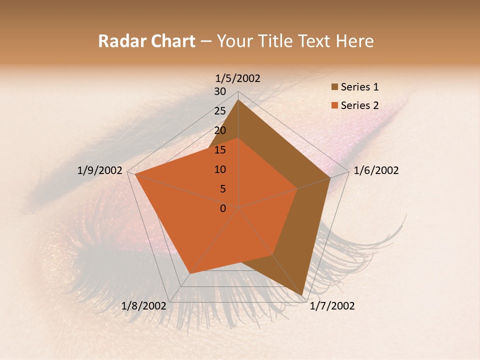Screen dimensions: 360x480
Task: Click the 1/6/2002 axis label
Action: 376,170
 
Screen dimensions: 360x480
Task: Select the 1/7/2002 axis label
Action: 332,306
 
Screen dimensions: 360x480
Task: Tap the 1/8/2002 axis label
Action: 144,306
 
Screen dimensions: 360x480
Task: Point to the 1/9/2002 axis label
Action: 100,170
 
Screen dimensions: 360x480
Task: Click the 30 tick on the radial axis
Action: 220,91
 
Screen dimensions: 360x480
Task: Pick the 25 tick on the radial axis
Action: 220,111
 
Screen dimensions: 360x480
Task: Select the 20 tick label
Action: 220,130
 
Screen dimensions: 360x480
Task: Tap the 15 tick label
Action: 220,150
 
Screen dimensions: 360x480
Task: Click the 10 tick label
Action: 220,169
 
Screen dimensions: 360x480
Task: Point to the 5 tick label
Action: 223,189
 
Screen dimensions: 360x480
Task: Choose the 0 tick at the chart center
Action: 223,208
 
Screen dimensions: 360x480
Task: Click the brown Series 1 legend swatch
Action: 334,87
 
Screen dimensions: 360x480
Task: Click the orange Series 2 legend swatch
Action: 334,105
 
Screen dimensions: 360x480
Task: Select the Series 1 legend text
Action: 359,87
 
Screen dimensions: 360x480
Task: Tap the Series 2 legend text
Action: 359,105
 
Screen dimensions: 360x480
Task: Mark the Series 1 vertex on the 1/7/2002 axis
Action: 302,295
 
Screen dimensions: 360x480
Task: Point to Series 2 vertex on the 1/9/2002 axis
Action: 135,174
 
